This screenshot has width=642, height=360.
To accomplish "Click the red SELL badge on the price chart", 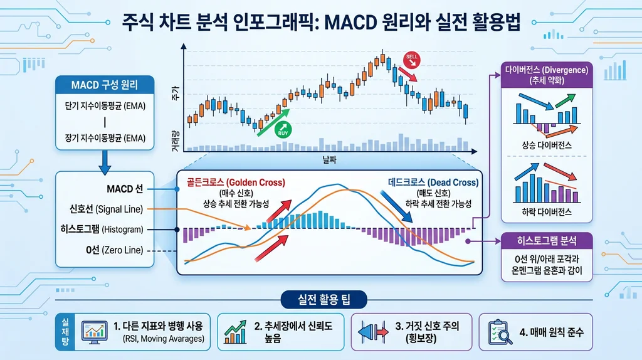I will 412,58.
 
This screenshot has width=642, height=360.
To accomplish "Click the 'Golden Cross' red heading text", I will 236,183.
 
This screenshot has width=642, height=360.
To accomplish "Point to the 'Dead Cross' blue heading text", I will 432,183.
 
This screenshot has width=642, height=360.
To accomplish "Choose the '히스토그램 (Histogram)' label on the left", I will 107,230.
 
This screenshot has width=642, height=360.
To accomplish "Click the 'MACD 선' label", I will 125,189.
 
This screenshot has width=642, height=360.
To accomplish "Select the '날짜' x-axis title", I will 329,161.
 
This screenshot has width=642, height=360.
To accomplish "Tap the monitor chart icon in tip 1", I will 93,331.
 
